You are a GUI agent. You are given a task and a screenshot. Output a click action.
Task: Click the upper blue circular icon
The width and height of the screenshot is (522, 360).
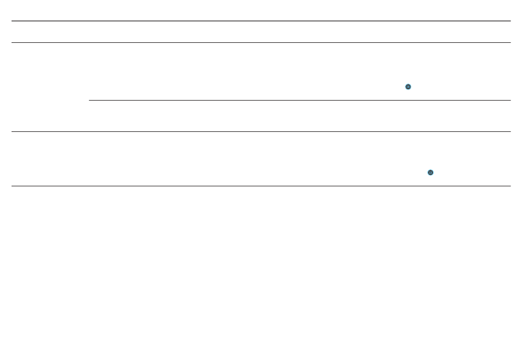coord(408,87)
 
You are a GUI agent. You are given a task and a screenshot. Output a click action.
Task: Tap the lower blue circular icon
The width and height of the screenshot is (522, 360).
coord(430,173)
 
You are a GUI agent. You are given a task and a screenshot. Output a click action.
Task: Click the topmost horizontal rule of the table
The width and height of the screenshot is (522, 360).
coord(261,21)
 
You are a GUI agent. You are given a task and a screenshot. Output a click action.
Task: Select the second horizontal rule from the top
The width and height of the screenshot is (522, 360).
coord(261,42)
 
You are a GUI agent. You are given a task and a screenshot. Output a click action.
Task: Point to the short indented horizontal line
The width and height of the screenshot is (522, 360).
coord(299,101)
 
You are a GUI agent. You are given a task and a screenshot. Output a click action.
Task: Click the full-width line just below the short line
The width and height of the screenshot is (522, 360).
coord(261,131)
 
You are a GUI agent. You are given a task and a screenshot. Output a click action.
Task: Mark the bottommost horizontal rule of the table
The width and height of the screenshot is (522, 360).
coord(261,186)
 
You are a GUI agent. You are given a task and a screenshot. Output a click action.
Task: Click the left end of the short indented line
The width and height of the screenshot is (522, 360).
coord(90,101)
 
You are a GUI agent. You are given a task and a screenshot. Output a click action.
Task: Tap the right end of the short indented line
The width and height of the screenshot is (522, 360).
coord(510,101)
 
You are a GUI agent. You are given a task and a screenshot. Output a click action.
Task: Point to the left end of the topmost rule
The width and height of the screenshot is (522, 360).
coord(13,21)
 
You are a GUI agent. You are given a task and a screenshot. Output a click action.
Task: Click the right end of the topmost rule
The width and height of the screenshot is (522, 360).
coord(510,21)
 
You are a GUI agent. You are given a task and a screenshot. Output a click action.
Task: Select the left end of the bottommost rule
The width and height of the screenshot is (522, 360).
coord(13,186)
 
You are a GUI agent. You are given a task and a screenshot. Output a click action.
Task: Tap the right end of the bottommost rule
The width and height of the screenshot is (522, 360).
coord(510,186)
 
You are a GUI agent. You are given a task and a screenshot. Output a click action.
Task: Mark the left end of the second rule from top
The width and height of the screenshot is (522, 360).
coord(13,42)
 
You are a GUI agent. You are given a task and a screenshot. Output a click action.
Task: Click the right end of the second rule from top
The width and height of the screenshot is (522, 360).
coord(510,42)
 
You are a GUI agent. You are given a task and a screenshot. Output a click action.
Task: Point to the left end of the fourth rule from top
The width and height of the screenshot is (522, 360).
coord(13,131)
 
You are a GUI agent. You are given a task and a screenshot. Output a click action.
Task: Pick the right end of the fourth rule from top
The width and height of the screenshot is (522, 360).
coord(510,131)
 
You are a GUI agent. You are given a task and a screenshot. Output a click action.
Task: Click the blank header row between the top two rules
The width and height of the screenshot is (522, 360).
coord(261,32)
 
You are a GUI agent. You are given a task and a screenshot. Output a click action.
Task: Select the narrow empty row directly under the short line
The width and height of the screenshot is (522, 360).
coord(299,116)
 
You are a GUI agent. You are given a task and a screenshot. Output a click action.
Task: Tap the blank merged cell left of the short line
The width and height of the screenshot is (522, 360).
coord(50,87)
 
